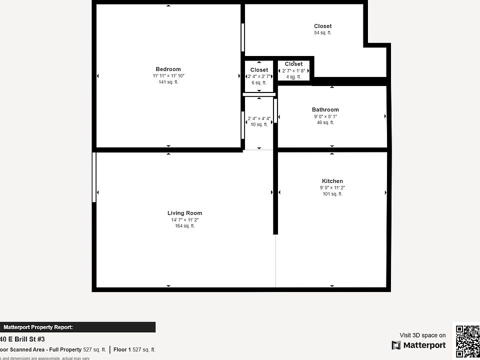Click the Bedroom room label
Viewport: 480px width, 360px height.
pos(168,69)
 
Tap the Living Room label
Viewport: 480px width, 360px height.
pos(184,213)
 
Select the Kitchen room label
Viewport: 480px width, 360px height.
pos(332,181)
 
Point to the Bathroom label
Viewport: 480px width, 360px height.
pos(325,110)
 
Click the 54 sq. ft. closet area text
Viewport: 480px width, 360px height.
pos(322,33)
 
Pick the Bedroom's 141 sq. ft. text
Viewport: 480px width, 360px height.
pos(168,82)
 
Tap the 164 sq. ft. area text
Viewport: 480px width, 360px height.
pos(184,226)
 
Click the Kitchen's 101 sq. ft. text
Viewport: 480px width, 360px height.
pos(332,194)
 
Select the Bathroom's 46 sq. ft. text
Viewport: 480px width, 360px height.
pos(325,122)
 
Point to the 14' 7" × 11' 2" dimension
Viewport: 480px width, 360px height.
pos(184,220)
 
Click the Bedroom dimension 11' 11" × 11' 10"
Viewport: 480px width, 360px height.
pos(168,76)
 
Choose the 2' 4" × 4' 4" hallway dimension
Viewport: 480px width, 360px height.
pos(259,118)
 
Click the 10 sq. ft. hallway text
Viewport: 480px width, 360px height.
pos(259,124)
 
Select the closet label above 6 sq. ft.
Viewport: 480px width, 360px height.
pos(259,70)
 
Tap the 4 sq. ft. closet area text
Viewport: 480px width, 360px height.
pos(293,77)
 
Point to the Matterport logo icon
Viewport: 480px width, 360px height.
pos(396,345)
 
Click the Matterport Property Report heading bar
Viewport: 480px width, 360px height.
pos(77,327)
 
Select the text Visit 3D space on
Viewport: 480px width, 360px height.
pos(422,335)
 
